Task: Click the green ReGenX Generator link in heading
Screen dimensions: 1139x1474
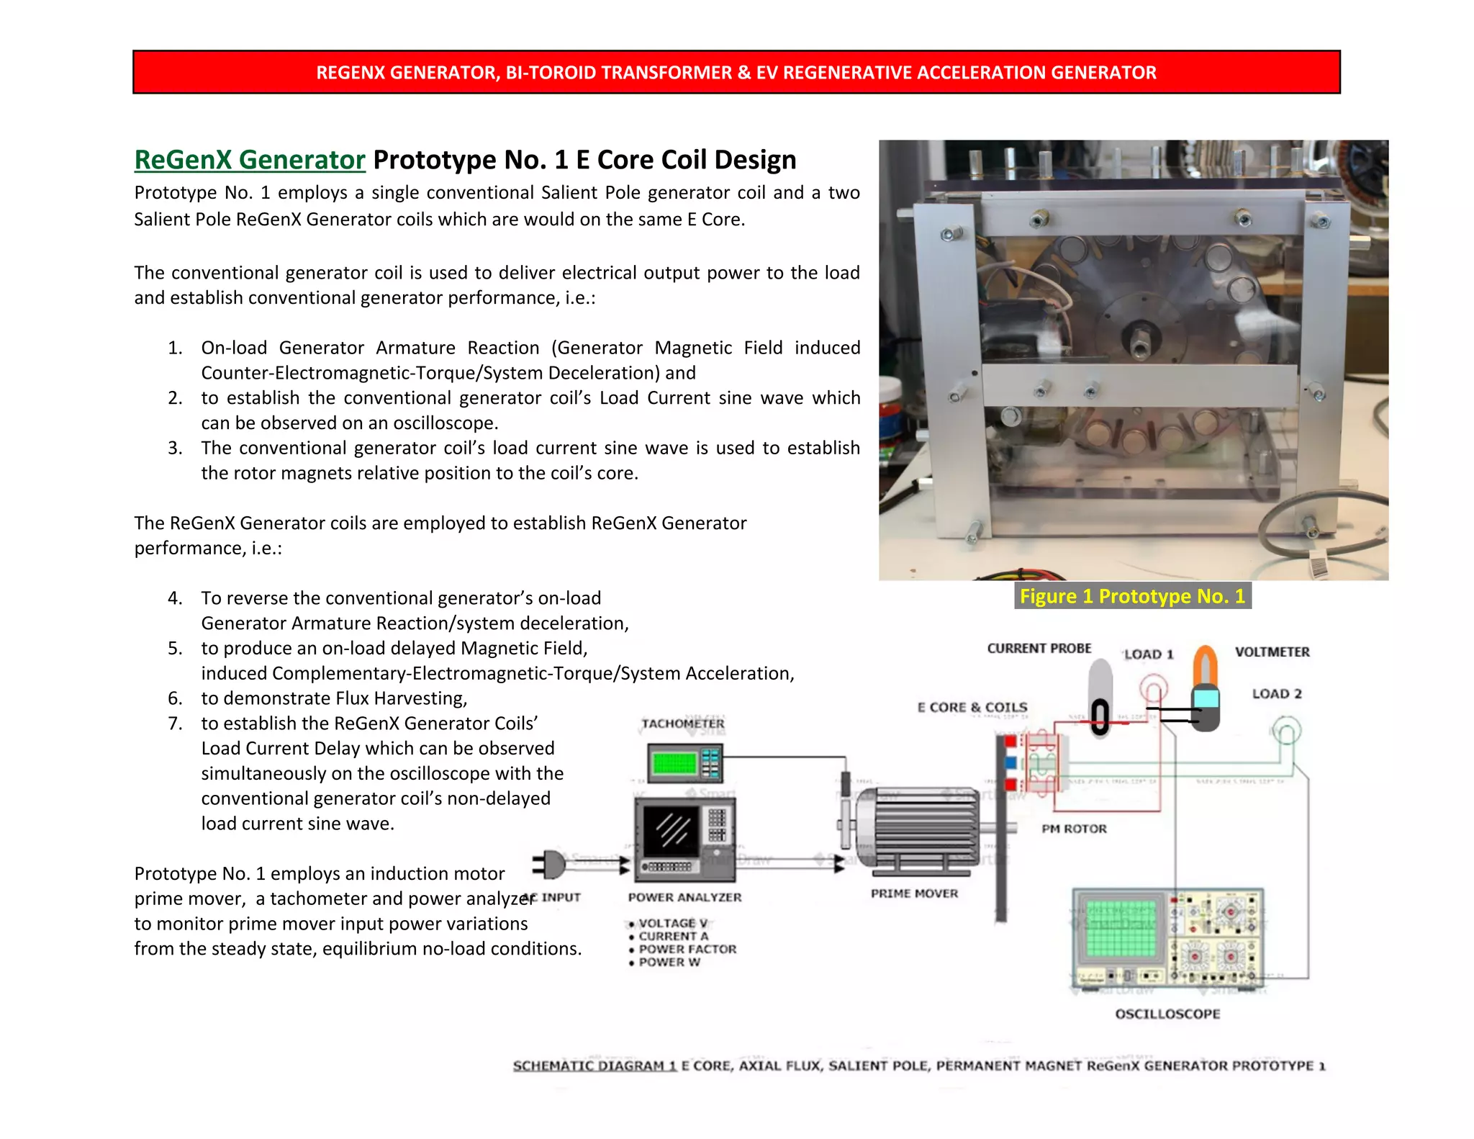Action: tap(250, 160)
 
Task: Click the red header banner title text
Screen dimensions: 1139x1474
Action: tap(736, 73)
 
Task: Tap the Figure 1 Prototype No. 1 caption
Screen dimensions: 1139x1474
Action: tap(1132, 596)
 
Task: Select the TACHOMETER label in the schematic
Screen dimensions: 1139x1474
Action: tap(682, 724)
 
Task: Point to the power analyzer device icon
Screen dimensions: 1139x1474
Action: tap(684, 839)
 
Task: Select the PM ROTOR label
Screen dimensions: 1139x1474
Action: tap(1074, 829)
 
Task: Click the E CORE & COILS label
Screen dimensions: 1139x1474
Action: tap(972, 707)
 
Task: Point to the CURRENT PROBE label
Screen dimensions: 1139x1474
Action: tap(1039, 648)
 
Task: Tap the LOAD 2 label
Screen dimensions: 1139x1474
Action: tap(1276, 693)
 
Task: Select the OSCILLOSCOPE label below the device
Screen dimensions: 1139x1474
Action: tap(1167, 1014)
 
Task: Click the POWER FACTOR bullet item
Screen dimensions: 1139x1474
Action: tap(687, 949)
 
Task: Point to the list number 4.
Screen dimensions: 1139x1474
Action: tap(175, 598)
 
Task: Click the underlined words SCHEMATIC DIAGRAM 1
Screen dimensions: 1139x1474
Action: tap(594, 1066)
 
